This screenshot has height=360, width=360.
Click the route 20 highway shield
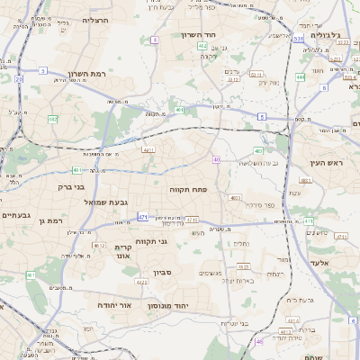coord(18,79)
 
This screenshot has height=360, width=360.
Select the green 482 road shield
coord(52,118)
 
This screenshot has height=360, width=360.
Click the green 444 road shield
coord(300,77)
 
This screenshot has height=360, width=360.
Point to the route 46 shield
coord(260,341)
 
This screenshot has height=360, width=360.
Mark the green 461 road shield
coord(30,274)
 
